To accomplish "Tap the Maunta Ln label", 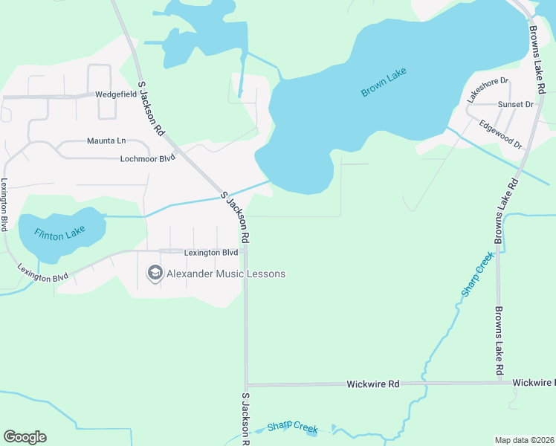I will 106,140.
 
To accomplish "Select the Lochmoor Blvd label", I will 147,158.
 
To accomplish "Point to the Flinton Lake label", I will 59,233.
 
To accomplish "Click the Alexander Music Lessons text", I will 225,274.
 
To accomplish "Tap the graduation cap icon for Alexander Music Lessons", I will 155,274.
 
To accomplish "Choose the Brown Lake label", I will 384,85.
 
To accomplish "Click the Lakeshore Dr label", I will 487,90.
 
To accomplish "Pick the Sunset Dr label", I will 516,105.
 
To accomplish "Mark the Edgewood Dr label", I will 501,134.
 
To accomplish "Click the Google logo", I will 25,437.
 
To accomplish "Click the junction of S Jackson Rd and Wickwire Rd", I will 246,385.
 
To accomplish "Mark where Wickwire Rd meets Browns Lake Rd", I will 499,383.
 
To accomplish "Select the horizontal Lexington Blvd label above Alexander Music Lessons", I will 211,253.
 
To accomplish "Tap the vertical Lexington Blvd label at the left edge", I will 4,204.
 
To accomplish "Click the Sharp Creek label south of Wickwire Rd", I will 292,428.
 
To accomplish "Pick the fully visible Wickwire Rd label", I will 373,384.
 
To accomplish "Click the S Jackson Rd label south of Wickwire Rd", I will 246,418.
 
